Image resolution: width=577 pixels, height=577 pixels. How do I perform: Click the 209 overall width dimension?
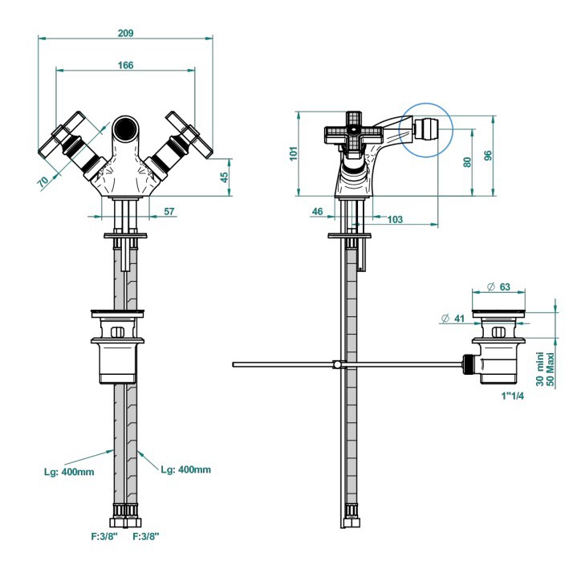(125, 33)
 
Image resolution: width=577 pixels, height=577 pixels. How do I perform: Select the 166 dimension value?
(124, 65)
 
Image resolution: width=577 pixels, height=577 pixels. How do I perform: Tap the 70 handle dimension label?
(43, 181)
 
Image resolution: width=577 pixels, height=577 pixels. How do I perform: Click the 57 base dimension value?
(169, 212)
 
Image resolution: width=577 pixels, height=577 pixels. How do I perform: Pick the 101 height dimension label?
(294, 152)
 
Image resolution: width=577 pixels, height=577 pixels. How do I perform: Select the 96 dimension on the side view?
(488, 156)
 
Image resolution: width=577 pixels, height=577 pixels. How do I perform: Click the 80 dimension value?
(466, 161)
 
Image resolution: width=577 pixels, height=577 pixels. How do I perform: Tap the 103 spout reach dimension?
(395, 219)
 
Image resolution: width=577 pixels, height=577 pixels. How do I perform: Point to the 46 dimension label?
(317, 211)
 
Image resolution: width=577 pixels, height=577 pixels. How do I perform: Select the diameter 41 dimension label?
(453, 319)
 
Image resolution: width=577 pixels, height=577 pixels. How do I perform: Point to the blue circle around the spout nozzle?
(427, 127)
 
